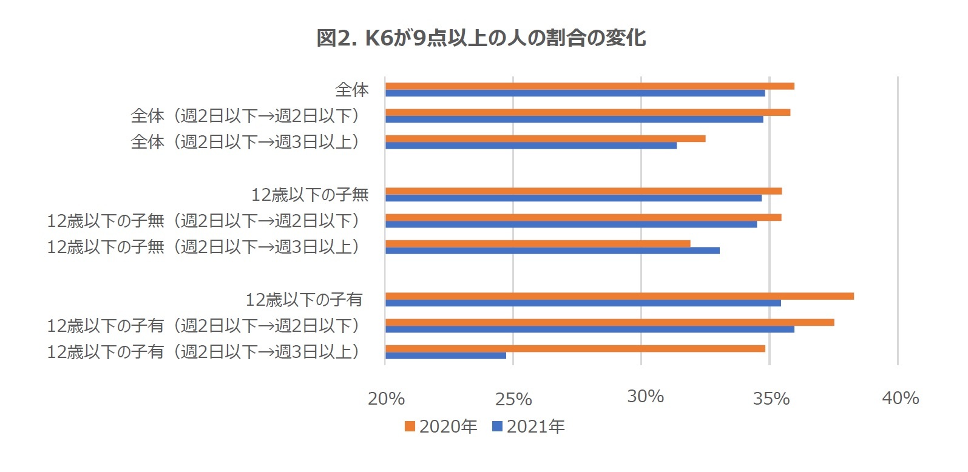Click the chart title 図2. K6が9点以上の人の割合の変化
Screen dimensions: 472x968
[x=481, y=38]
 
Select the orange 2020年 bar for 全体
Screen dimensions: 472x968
[x=589, y=86]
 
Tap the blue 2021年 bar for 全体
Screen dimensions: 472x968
[x=574, y=93]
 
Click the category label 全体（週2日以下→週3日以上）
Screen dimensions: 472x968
[x=246, y=142]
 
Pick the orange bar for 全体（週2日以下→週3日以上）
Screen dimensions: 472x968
[x=544, y=138]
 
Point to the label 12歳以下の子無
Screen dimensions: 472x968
[x=310, y=195]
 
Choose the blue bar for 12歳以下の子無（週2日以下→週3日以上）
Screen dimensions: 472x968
[x=552, y=251]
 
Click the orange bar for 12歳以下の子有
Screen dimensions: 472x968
[x=619, y=296]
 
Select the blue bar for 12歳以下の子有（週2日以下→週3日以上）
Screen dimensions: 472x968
[x=445, y=356]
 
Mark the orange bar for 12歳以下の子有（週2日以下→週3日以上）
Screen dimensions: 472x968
[x=574, y=349]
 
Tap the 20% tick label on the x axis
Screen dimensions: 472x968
[x=386, y=399]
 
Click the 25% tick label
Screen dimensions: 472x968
[x=513, y=399]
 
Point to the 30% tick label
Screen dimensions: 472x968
[x=645, y=397]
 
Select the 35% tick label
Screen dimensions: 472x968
[x=771, y=399]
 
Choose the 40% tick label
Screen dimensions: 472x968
[x=900, y=398]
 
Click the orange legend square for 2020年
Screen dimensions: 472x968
[x=410, y=426]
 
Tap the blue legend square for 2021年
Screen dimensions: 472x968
[x=498, y=426]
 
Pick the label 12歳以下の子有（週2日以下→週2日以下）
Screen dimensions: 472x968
[x=204, y=326]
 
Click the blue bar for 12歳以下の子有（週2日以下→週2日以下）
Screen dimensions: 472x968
[x=589, y=329]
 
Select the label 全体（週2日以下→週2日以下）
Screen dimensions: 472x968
[x=246, y=116]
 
